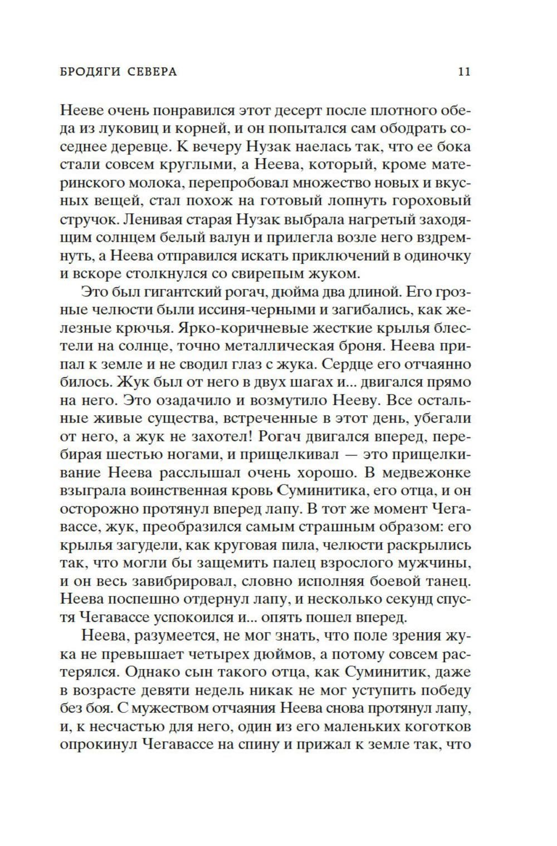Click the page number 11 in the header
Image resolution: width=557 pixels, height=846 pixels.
click(x=464, y=72)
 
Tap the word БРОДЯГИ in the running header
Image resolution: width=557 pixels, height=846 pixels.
click(x=89, y=72)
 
